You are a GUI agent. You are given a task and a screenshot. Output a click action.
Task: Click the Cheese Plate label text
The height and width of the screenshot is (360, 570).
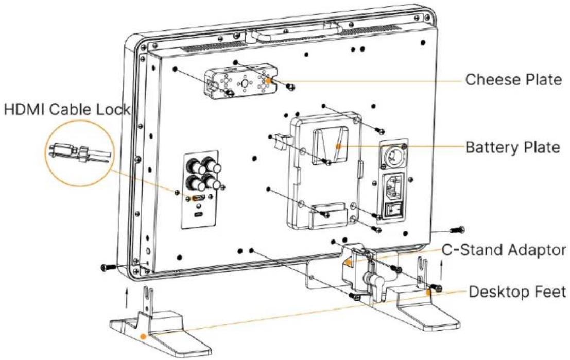point(513,79)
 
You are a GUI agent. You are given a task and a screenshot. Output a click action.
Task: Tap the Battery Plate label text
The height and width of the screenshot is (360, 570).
point(512,147)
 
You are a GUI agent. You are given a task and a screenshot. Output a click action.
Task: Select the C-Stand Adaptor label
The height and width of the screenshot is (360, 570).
point(504,250)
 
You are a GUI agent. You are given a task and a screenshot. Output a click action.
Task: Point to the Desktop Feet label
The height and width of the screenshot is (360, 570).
point(517,292)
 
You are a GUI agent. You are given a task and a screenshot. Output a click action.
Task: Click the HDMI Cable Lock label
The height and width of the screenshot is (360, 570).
point(67,109)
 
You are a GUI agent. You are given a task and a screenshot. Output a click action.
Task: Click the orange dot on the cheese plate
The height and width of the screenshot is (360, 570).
point(268,81)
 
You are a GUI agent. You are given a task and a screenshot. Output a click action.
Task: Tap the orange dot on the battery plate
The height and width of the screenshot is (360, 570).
point(338,146)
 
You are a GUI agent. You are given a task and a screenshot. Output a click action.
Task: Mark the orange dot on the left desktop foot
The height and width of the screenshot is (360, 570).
point(144,326)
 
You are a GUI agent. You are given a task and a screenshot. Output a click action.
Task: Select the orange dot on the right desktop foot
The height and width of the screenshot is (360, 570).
point(429,292)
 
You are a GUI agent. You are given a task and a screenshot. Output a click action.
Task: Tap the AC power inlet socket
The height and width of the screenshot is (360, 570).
point(394,187)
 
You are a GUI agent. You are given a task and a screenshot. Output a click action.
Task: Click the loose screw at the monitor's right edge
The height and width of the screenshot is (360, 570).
point(457,230)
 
